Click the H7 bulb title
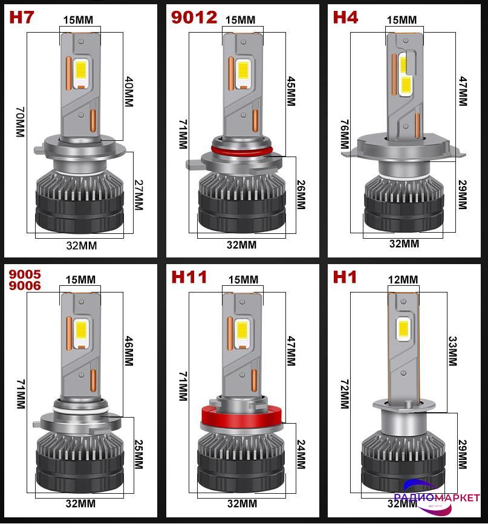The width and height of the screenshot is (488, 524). [21, 18]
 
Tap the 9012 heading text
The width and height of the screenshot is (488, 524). [194, 18]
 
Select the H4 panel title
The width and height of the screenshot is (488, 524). [345, 17]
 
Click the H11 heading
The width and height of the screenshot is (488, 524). [189, 277]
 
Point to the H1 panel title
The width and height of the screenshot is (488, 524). [345, 277]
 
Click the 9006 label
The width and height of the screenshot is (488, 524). [25, 286]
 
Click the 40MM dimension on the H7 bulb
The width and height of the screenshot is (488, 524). [129, 92]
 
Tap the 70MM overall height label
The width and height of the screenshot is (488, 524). [21, 122]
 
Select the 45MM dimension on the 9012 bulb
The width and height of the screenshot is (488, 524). [291, 91]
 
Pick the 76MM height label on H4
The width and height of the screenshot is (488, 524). [345, 134]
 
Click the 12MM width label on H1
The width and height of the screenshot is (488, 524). [403, 279]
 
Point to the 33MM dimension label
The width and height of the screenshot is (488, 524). [452, 351]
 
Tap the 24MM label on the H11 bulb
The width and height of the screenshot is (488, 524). [301, 454]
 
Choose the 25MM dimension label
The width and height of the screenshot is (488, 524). [138, 454]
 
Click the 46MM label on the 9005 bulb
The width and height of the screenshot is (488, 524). [129, 351]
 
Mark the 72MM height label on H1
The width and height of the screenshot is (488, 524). [345, 394]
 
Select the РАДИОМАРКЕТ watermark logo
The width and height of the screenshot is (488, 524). [437, 496]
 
